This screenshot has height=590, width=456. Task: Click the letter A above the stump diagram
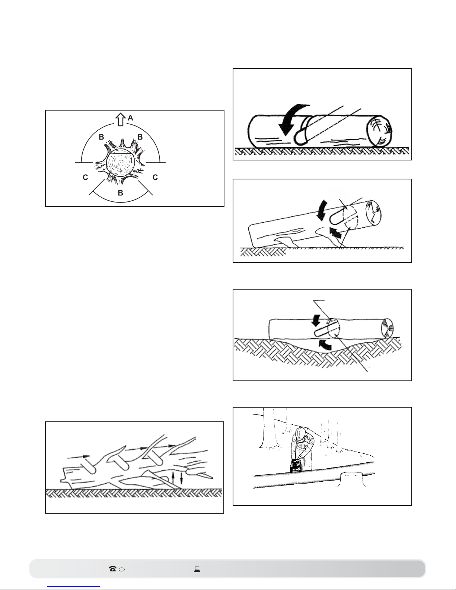pos(131,118)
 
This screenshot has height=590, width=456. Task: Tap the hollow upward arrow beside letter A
pos(120,119)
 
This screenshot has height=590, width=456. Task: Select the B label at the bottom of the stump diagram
pos(121,193)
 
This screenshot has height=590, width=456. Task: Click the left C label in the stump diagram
pos(85,177)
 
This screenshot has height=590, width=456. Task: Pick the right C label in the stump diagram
pos(155,177)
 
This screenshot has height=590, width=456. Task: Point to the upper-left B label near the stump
pos(101,137)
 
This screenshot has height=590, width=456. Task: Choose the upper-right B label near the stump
pos(140,137)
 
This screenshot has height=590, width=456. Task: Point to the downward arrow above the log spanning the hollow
pos(316,320)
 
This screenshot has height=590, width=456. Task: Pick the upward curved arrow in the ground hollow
pos(325,345)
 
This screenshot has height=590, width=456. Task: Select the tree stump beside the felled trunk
pos(350,479)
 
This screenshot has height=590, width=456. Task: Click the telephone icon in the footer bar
pos(112,569)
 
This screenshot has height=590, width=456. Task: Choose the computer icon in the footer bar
pos(197,569)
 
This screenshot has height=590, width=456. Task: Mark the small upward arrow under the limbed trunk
pos(173,479)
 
